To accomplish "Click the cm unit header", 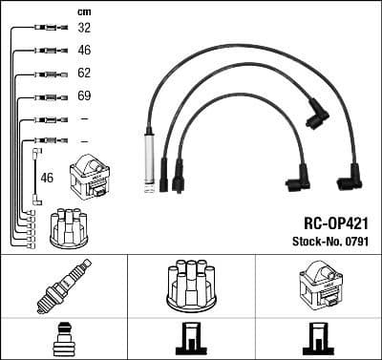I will click(83, 11).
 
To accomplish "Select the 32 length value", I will click(84, 29).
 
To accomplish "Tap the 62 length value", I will click(84, 73).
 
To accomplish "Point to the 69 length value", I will click(84, 96).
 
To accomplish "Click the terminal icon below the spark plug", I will click(63, 340).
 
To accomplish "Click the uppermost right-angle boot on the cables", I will click(316, 114).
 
